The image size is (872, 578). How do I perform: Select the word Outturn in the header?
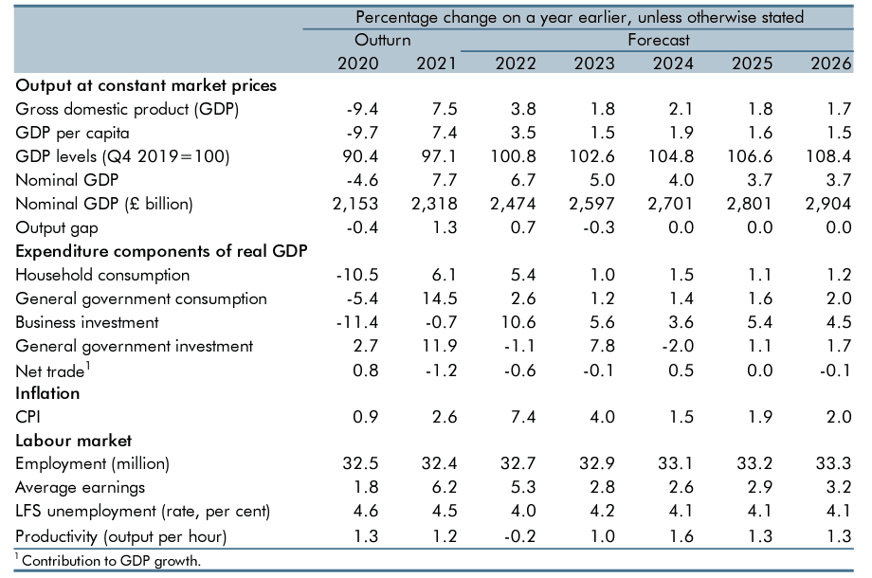click(x=382, y=40)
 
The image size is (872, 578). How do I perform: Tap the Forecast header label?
click(x=658, y=40)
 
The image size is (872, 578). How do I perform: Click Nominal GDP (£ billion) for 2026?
click(x=831, y=204)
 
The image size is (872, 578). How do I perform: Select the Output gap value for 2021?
click(x=439, y=227)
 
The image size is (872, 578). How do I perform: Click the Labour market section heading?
click(x=74, y=441)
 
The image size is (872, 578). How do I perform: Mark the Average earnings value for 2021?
click(x=439, y=488)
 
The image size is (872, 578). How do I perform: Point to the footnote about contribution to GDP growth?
click(x=111, y=561)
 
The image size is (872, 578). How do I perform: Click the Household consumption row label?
click(x=102, y=275)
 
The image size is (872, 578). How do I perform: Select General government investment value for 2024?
click(x=670, y=346)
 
